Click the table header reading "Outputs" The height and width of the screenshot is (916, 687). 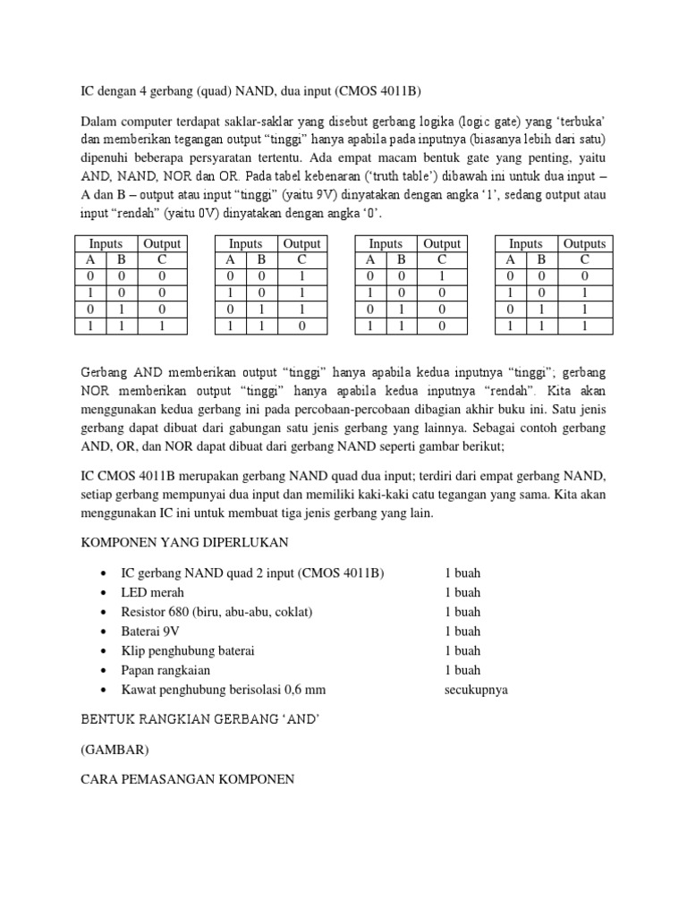point(584,243)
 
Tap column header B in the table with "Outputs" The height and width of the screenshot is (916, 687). point(540,259)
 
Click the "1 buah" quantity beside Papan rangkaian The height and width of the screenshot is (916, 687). point(462,670)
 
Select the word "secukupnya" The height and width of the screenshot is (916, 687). point(476,690)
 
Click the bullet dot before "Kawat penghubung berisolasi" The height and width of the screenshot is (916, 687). point(106,690)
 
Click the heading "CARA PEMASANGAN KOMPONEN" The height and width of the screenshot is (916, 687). point(188,778)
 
